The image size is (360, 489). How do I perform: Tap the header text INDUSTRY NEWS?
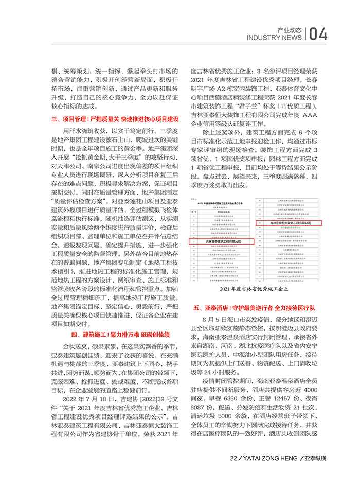274,38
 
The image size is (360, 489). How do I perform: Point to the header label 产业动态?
287,29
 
